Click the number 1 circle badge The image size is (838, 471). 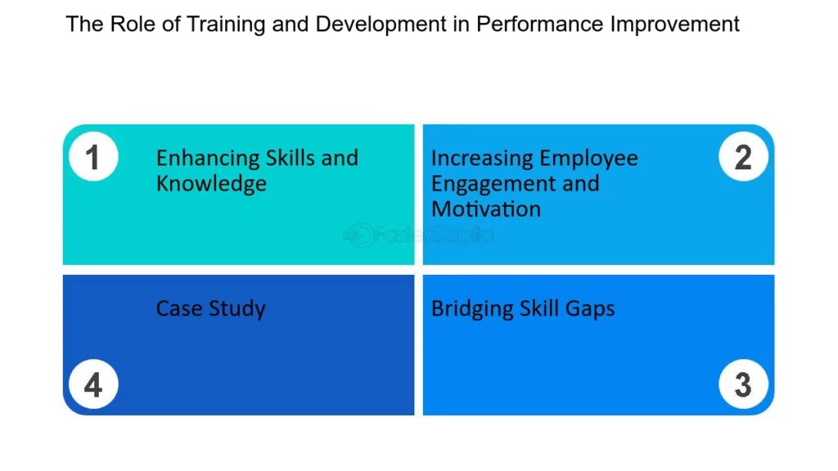[x=93, y=156]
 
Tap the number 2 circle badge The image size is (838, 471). [x=743, y=156]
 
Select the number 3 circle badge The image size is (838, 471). [x=743, y=384]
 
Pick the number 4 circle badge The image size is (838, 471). [x=93, y=384]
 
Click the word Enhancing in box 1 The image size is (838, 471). [x=208, y=159]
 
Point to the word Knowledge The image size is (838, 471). [x=211, y=184]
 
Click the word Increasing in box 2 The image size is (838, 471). [x=482, y=159]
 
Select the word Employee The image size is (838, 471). [x=588, y=159]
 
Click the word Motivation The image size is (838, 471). [x=486, y=209]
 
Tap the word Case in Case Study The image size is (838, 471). [x=179, y=308]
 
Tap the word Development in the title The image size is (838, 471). [x=381, y=25]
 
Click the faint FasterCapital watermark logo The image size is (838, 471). [x=418, y=235]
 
